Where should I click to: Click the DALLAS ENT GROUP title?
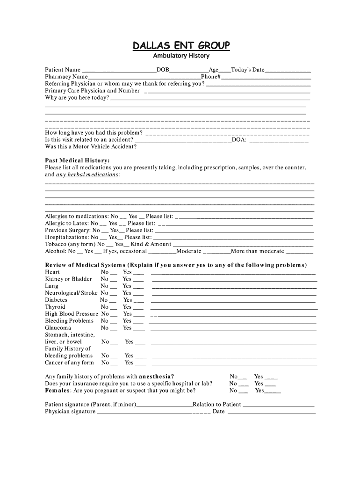point(181,45)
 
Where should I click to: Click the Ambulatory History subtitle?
point(181,56)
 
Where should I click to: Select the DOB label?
point(163,70)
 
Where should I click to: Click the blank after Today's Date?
point(288,71)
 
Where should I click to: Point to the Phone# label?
point(210,77)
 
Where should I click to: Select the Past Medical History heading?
point(77,160)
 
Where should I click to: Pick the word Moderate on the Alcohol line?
point(188,251)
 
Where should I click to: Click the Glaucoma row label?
point(58,328)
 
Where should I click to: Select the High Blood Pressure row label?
point(72,314)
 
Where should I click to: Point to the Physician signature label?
point(70,412)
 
